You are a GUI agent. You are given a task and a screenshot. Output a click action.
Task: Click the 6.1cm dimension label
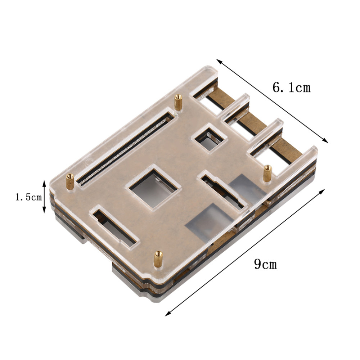click(x=291, y=87)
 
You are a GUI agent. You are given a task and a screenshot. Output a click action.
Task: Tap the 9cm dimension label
click(x=265, y=264)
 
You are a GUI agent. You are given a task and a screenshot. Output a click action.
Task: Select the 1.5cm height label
click(x=28, y=197)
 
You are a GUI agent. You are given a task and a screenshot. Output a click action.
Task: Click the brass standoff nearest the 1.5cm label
click(x=70, y=181)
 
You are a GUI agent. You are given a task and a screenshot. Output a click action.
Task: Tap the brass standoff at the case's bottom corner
click(x=158, y=259)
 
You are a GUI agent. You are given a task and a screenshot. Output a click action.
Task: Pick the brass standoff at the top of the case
click(x=178, y=102)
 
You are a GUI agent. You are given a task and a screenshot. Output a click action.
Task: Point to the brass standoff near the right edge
click(x=267, y=174)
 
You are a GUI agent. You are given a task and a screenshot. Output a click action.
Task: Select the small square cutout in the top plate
click(x=209, y=139)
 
